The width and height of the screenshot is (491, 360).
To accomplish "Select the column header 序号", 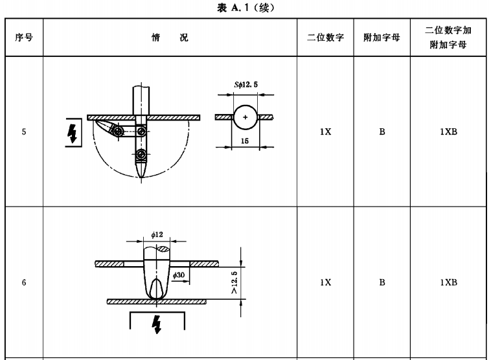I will click(x=24, y=38).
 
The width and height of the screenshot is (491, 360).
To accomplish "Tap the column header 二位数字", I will click(x=325, y=38).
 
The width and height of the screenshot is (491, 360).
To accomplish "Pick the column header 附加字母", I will click(x=382, y=38).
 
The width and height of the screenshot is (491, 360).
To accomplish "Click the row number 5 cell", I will click(x=24, y=132).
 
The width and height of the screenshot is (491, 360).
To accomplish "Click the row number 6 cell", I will click(x=24, y=283).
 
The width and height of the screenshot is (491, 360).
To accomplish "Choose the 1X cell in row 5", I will click(x=325, y=132).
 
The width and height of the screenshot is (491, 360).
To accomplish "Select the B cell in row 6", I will click(x=382, y=283).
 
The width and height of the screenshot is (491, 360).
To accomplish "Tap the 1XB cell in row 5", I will click(x=448, y=132).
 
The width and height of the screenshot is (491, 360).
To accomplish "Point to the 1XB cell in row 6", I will click(x=448, y=283).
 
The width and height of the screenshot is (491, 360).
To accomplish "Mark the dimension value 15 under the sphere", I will click(x=245, y=140).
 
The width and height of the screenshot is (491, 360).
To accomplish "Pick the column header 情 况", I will click(x=170, y=38).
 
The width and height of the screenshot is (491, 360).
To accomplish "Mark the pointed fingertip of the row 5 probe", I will click(x=141, y=175).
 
